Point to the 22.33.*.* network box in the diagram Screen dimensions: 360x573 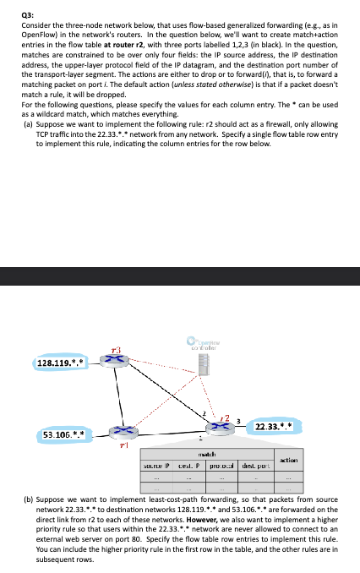tap(274, 428)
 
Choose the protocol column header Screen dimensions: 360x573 tap(219, 465)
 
